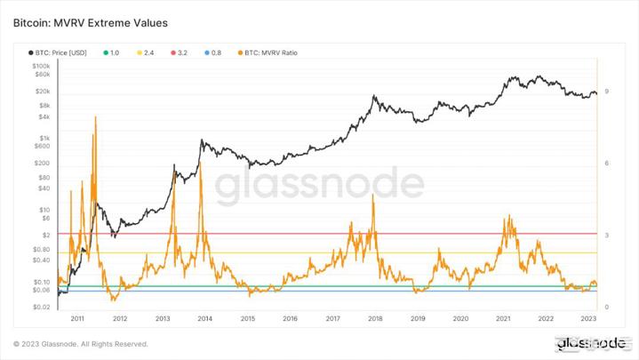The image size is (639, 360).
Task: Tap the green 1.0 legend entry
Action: (x=111, y=53)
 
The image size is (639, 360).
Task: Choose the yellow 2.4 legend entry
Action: (x=146, y=53)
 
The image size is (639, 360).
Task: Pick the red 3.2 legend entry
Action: (x=179, y=53)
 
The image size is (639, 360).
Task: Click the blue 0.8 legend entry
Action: (x=212, y=53)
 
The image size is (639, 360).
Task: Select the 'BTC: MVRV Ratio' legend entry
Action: (x=269, y=53)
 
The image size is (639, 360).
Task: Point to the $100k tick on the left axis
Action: (x=41, y=67)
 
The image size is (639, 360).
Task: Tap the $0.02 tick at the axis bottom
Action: (x=42, y=307)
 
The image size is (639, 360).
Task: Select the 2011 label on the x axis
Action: (x=77, y=317)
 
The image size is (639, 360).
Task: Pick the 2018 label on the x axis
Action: (x=375, y=317)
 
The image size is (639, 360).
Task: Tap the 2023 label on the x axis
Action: (x=588, y=317)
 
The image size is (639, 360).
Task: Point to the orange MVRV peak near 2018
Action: (x=373, y=194)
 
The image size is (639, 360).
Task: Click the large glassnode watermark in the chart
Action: (x=321, y=185)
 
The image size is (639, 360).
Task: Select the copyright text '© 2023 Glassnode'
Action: (x=81, y=344)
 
